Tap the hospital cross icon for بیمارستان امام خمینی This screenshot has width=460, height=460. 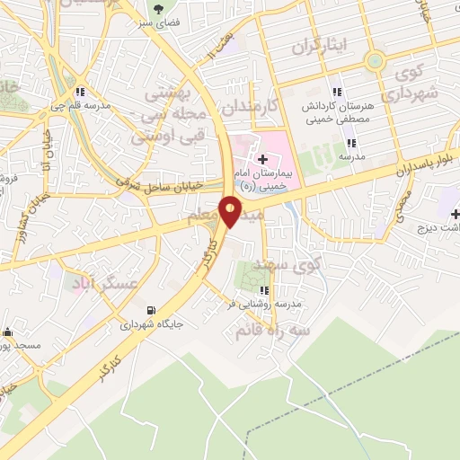tap(250, 159)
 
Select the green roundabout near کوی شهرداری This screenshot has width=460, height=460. tap(375, 61)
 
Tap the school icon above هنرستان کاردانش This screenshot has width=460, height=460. tap(338, 92)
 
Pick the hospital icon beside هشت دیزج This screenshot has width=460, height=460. tap(456, 214)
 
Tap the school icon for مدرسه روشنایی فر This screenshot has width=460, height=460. tap(264, 289)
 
